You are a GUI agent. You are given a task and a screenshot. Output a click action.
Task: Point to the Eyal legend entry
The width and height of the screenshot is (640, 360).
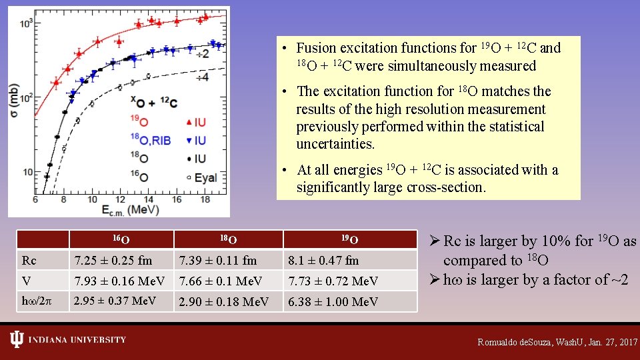tap(204, 177)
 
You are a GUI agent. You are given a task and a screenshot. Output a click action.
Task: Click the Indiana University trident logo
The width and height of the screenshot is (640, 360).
tap(16, 340)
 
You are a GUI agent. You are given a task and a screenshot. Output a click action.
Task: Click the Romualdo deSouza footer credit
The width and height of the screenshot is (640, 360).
tap(557, 342)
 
